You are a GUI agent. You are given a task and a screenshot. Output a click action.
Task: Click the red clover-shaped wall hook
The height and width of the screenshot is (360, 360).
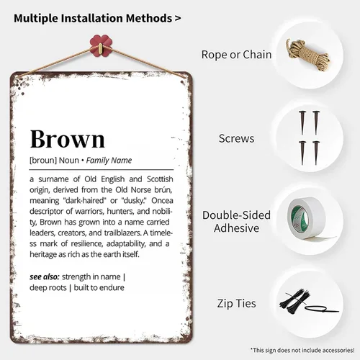(x=101, y=45)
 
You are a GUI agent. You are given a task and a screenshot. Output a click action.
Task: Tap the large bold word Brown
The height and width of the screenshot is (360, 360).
(x=68, y=139)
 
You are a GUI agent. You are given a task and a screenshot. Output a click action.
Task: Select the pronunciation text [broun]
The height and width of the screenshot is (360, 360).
(x=43, y=161)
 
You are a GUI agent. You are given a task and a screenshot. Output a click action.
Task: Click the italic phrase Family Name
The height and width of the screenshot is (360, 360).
(x=109, y=161)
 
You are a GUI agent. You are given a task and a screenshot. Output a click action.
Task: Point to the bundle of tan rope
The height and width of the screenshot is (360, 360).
(x=308, y=55)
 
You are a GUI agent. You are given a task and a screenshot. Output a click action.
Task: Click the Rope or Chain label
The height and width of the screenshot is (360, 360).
(x=236, y=55)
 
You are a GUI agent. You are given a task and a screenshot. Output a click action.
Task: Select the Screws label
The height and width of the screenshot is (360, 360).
(x=236, y=138)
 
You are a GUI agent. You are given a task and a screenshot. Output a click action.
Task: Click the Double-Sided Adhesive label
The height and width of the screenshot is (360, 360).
(x=236, y=221)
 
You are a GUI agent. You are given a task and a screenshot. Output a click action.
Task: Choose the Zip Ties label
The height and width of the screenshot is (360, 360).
(x=236, y=303)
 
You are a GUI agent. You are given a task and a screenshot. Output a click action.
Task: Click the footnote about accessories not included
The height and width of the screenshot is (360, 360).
(x=302, y=350)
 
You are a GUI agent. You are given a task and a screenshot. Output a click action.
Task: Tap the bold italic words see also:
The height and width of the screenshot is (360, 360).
(x=45, y=276)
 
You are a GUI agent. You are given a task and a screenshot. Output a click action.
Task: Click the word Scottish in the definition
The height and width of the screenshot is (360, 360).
(x=160, y=179)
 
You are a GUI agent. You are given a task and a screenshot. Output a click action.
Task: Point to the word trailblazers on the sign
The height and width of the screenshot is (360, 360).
(x=122, y=233)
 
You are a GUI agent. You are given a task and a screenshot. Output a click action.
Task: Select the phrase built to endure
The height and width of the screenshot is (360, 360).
(x=99, y=287)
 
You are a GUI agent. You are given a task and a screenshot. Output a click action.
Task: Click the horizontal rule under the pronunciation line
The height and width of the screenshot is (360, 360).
(x=102, y=170)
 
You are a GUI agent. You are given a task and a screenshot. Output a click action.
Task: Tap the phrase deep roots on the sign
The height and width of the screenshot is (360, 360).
(x=48, y=288)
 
